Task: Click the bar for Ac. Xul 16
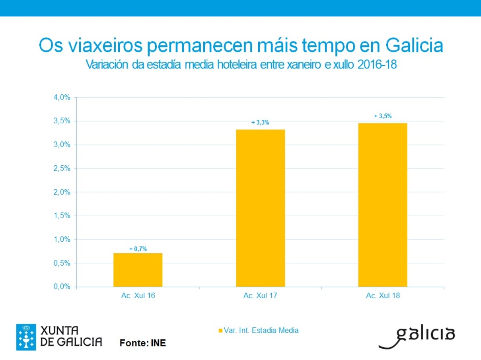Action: (x=138, y=270)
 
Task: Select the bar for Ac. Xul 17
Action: (x=260, y=208)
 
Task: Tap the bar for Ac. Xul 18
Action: (x=382, y=205)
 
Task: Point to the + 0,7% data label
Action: (x=138, y=249)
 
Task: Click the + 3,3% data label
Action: (x=260, y=123)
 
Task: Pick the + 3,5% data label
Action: (x=383, y=116)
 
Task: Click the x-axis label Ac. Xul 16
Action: (x=138, y=296)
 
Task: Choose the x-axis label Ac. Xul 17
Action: (x=260, y=296)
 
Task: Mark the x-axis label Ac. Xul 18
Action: (x=383, y=296)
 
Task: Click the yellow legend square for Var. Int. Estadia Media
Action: (x=220, y=331)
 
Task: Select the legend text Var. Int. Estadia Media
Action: (x=261, y=330)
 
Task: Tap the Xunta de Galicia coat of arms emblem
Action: (x=26, y=337)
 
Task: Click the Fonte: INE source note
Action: (x=143, y=342)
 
